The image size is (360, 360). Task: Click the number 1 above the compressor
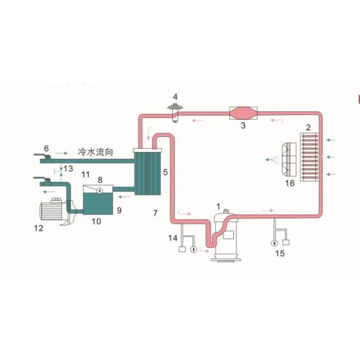coord(218,206)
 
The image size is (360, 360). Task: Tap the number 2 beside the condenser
coord(308,127)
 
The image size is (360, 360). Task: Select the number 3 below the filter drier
coord(244,125)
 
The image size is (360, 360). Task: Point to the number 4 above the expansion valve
coord(175,96)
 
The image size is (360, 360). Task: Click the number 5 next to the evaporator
coord(166,172)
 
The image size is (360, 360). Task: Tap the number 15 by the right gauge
coord(279,253)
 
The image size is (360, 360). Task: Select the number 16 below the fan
coord(290,183)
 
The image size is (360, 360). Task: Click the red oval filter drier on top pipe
coord(244,113)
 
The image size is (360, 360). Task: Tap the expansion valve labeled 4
coord(175,112)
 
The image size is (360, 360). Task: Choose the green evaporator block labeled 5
coord(148,172)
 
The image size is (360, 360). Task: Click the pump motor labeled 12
coord(53,212)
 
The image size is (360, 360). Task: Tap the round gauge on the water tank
coord(100,191)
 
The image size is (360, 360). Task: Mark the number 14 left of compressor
coord(173,239)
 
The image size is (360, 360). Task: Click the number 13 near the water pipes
coord(68,168)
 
